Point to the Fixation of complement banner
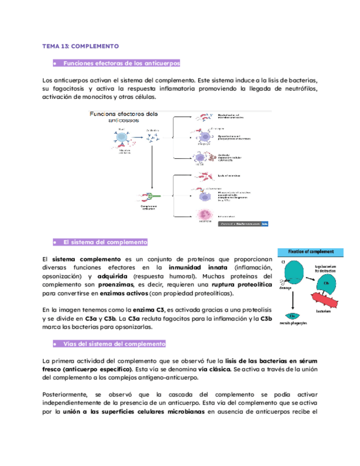pyautogui.click(x=311, y=252)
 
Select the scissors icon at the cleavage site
pyautogui.click(x=287, y=282)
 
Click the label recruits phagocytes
pyautogui.click(x=297, y=325)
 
